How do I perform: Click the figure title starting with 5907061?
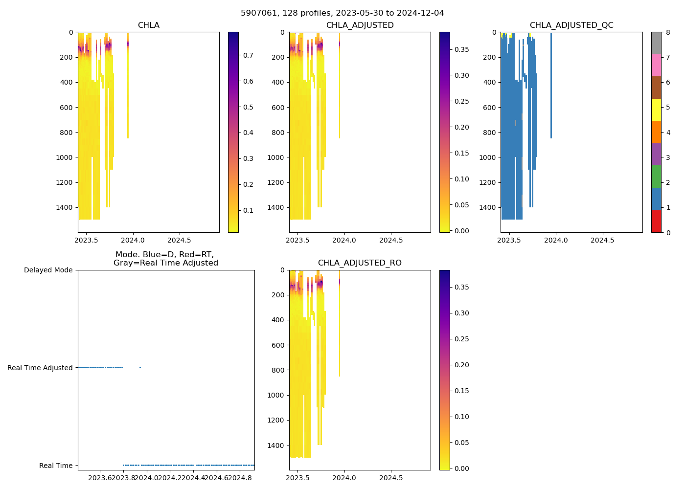(x=342, y=13)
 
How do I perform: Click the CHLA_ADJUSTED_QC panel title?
(x=571, y=25)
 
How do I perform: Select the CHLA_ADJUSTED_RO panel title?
(x=360, y=263)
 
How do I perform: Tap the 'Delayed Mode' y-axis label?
(x=48, y=270)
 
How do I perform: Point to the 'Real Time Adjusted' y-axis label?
(x=40, y=368)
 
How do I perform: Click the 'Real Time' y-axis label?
(x=56, y=466)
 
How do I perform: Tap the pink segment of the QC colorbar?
(x=656, y=65)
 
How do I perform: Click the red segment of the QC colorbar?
(x=656, y=221)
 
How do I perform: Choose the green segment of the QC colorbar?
(x=656, y=176)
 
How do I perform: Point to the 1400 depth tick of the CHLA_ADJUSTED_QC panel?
(x=487, y=207)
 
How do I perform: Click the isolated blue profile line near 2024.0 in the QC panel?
(x=551, y=83)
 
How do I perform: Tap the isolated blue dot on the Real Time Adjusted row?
(x=140, y=367)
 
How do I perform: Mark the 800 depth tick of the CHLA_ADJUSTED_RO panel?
(x=277, y=370)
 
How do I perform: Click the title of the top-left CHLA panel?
(x=148, y=25)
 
